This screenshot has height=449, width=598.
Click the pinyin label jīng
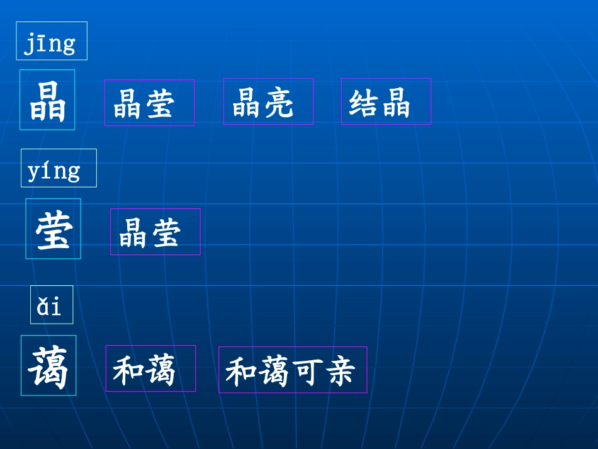click(51, 42)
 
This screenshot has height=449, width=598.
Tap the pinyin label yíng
click(58, 169)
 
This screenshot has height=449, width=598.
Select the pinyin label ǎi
click(51, 305)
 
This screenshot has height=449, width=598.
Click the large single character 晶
click(47, 100)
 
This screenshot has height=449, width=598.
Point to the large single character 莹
click(53, 229)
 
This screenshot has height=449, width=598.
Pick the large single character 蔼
click(48, 366)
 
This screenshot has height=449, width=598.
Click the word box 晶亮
click(268, 102)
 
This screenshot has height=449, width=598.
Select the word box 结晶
click(386, 102)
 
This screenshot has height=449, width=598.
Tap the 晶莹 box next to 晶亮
click(149, 103)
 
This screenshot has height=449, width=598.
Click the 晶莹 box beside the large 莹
click(155, 232)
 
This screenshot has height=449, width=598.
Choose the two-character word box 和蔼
click(150, 369)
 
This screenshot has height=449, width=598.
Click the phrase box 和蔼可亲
click(293, 370)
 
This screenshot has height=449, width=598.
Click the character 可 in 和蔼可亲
click(309, 371)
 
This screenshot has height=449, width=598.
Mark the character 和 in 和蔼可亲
click(240, 371)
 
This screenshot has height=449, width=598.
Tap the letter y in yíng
click(34, 172)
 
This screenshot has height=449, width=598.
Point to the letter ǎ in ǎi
click(43, 307)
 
